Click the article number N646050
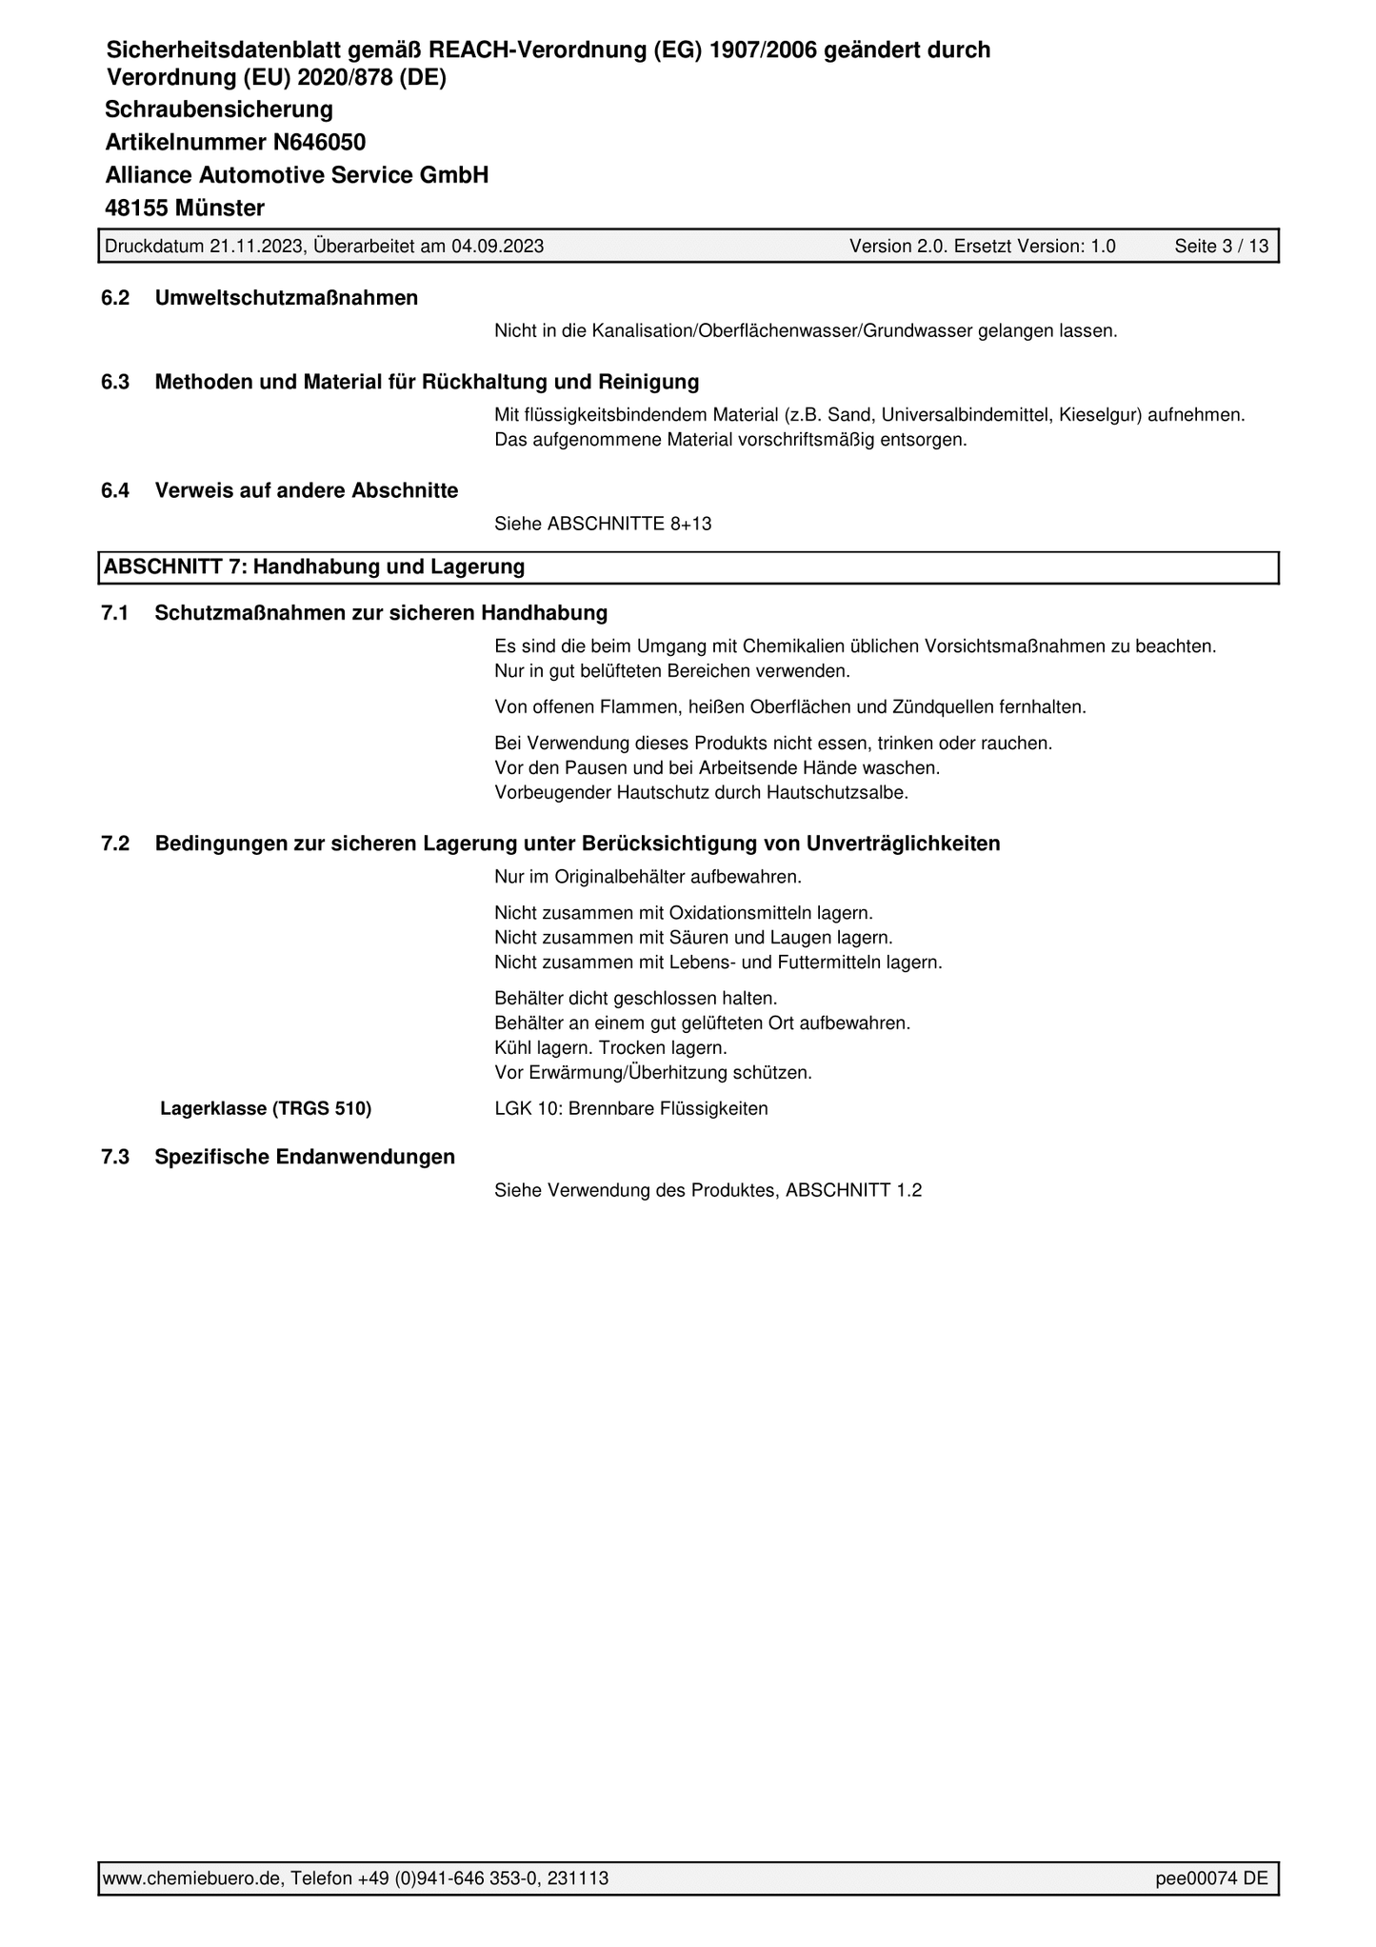[319, 143]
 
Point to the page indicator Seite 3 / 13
[1221, 247]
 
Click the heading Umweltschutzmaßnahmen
[286, 298]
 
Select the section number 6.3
[114, 382]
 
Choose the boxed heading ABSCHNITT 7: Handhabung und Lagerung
[314, 567]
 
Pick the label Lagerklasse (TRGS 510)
[266, 1108]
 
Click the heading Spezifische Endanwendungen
[305, 1157]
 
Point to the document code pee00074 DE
[1211, 1878]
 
